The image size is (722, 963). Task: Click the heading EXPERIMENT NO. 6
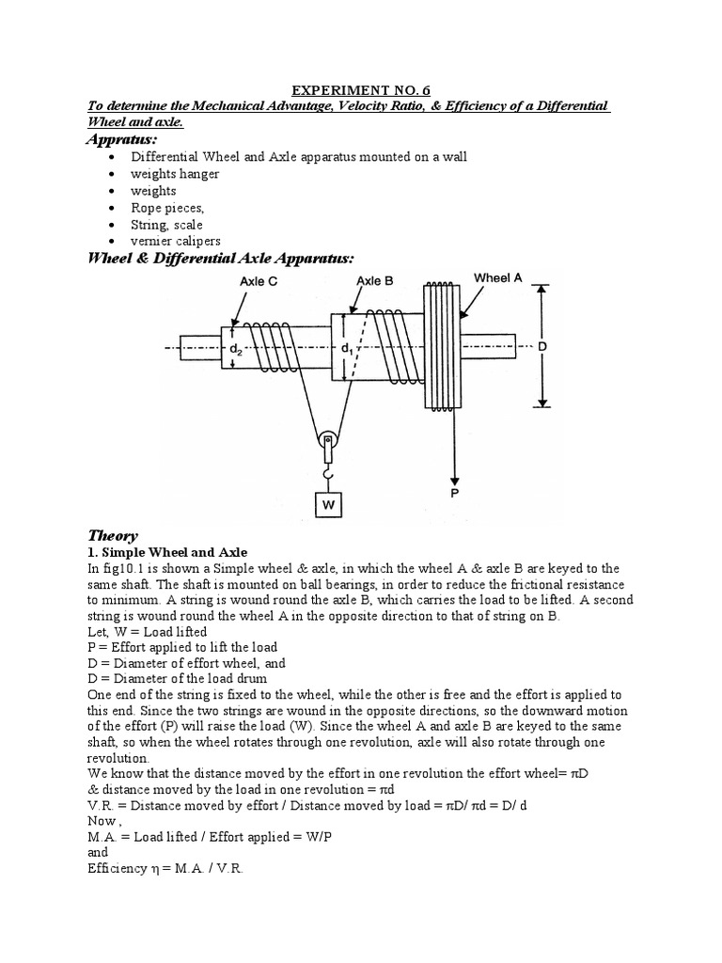(x=361, y=90)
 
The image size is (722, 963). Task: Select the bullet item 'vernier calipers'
(x=176, y=242)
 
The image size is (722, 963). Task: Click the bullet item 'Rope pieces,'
(x=167, y=208)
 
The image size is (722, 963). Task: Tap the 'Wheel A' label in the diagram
(x=497, y=277)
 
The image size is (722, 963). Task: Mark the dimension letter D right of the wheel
(x=541, y=347)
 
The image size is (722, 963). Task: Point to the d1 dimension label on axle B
(x=347, y=347)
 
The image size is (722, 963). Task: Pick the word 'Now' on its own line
(x=97, y=820)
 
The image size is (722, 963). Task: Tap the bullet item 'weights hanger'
(x=175, y=174)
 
